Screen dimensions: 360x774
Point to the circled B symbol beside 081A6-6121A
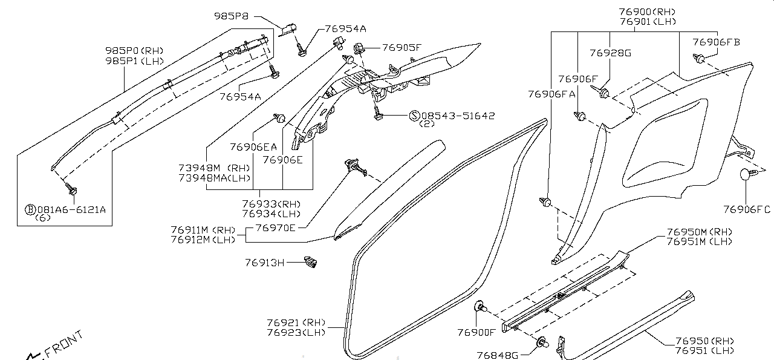30,209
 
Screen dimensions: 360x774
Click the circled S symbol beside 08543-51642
414,116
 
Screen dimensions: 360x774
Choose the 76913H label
264,263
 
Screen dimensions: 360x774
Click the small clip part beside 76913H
311,261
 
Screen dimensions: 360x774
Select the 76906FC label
747,209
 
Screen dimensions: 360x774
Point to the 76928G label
610,53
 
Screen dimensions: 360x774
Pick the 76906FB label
716,42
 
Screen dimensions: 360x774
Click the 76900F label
476,332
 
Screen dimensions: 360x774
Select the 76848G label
498,355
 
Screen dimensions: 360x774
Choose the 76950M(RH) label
699,232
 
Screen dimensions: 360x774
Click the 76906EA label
253,146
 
